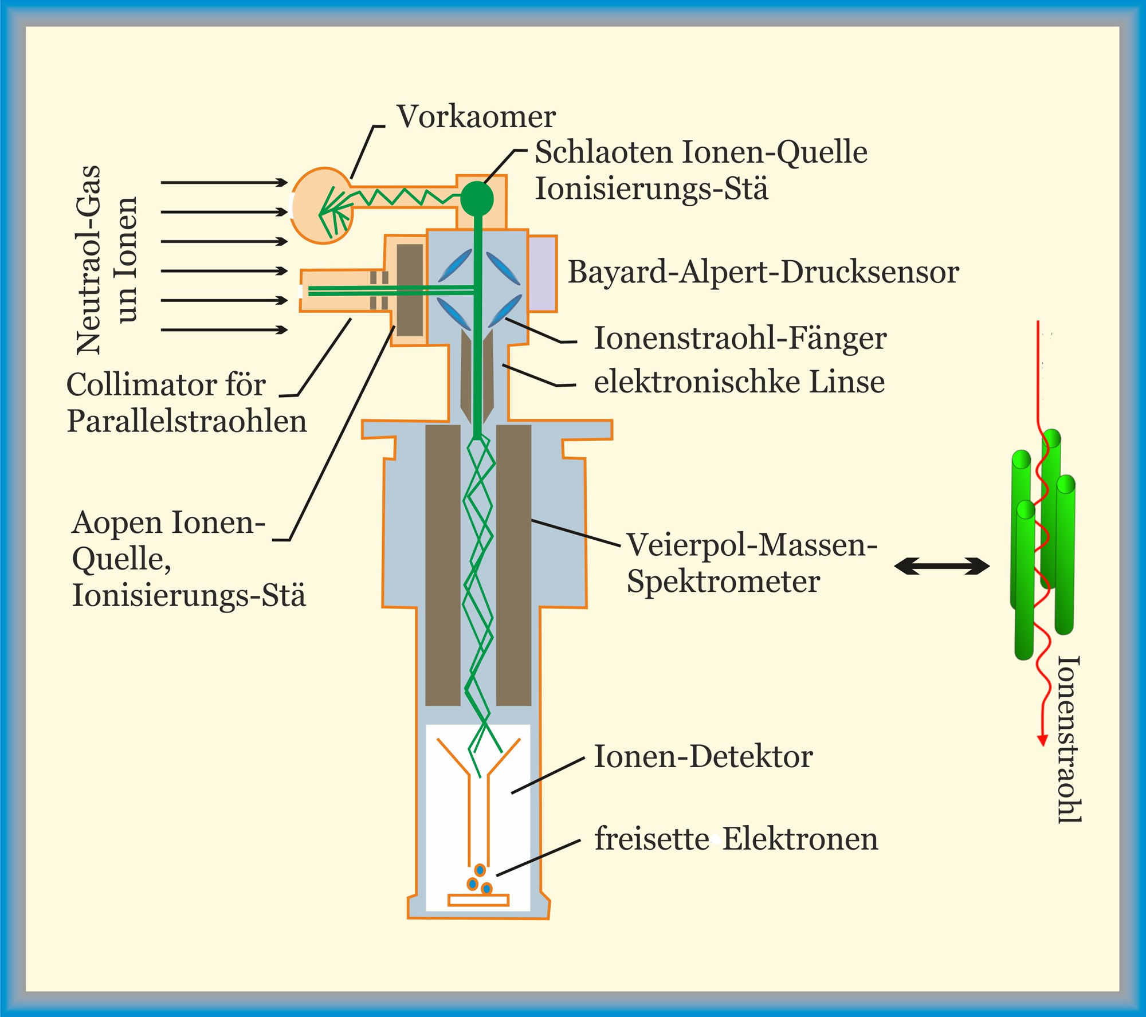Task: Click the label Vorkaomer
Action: pos(476,117)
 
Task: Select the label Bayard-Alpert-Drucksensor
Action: pos(763,272)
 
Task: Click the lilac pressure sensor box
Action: pos(542,273)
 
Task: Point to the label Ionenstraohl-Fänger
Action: pos(740,338)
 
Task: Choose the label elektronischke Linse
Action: pos(739,382)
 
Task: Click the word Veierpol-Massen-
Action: pos(751,544)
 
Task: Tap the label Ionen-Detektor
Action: pos(703,756)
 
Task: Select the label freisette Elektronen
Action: pos(736,839)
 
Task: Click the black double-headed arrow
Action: pos(941,567)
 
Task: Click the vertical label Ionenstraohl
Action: pos(1069,739)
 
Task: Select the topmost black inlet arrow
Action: pos(223,183)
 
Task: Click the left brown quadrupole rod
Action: pos(442,565)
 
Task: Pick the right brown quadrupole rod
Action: pos(513,565)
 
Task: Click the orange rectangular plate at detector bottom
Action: pos(478,900)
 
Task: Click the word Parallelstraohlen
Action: pos(187,422)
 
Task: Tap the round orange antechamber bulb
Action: pos(323,205)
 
